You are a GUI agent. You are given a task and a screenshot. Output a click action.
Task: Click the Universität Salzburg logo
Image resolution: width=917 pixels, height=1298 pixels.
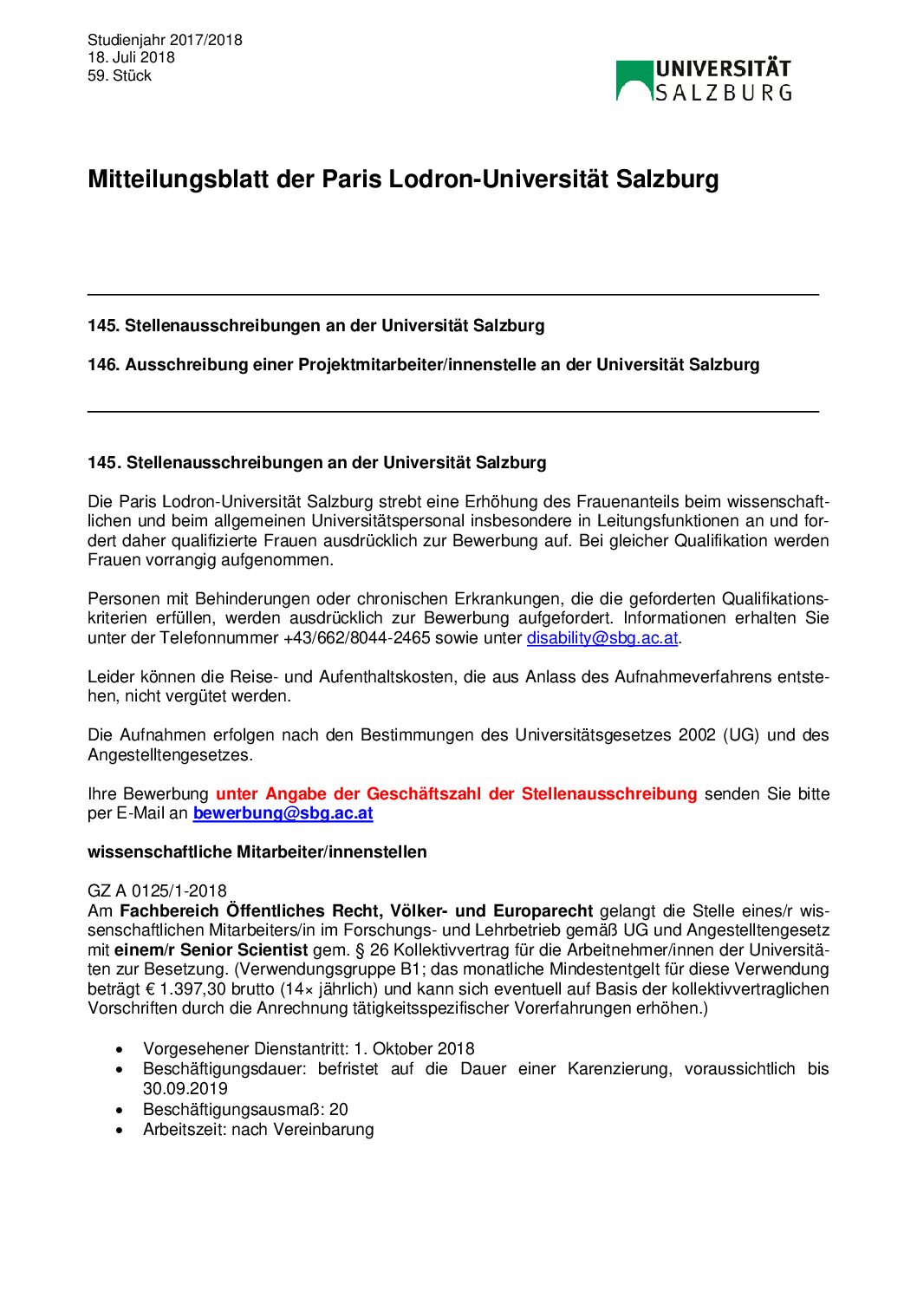[704, 81]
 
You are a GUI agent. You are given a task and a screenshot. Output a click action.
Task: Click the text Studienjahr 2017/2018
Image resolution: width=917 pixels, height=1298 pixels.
[165, 40]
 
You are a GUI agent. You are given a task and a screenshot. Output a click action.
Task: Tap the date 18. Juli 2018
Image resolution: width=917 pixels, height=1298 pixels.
[131, 57]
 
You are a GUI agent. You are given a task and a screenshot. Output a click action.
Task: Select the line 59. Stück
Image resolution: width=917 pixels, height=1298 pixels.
[120, 75]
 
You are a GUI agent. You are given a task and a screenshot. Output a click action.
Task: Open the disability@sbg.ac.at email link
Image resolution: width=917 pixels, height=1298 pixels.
[602, 638]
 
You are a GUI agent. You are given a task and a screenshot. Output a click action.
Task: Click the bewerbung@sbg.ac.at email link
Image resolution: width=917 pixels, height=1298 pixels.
[283, 813]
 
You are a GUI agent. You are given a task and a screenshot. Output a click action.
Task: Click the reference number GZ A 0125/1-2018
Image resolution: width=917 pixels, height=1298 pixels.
[157, 891]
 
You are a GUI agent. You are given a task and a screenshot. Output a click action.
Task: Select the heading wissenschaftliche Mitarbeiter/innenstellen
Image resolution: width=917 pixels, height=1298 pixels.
[257, 852]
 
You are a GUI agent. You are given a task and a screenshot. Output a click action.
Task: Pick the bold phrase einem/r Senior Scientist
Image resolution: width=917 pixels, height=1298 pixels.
[211, 950]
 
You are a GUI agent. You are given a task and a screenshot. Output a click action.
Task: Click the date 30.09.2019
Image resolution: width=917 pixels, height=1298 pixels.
[185, 1089]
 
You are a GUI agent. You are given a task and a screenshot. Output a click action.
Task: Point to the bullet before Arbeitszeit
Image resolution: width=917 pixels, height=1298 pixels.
[120, 1131]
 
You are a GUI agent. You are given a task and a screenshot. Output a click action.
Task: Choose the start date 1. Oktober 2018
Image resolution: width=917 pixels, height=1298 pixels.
[413, 1049]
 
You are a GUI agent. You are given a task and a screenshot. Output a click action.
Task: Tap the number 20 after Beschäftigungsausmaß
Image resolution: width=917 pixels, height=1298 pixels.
[339, 1110]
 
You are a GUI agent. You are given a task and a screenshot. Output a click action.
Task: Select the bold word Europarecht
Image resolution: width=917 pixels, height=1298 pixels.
[543, 911]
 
